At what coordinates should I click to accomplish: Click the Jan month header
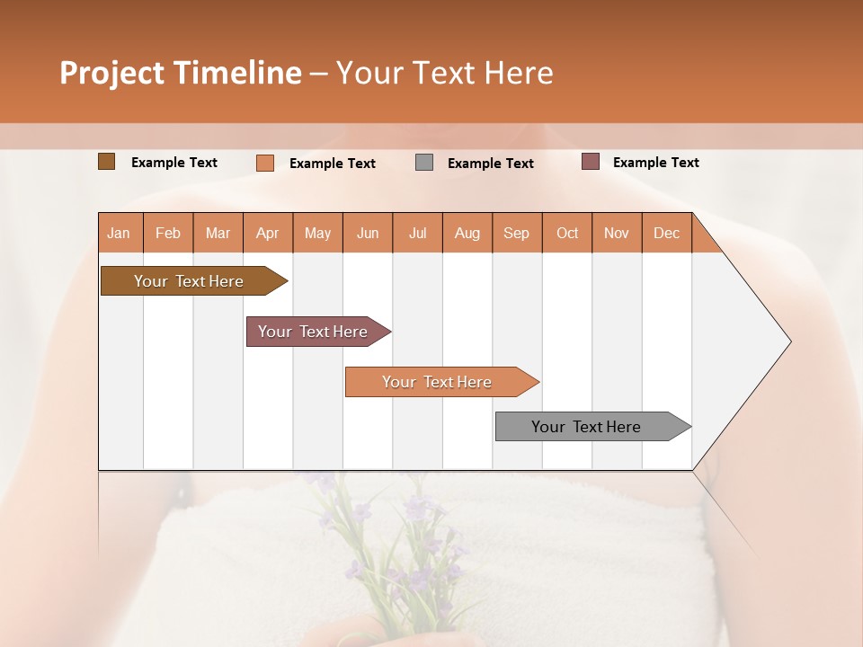tap(119, 233)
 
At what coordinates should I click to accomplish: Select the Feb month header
tap(168, 233)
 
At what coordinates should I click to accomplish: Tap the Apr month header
tap(267, 233)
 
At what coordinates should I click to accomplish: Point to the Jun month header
tap(368, 233)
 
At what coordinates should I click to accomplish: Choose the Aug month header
tap(467, 233)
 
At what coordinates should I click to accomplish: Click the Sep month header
tap(516, 233)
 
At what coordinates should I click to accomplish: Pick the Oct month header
tap(567, 233)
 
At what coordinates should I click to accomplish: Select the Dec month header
tap(666, 233)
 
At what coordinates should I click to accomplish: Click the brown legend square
tap(107, 162)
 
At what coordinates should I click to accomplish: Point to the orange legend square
tap(265, 163)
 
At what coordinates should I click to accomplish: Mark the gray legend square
tap(424, 163)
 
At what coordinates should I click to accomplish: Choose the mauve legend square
tap(591, 162)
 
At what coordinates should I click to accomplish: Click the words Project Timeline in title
tap(181, 73)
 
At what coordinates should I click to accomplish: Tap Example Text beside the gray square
tap(490, 164)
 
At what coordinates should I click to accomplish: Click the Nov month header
tap(616, 233)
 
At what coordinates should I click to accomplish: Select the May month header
tap(317, 233)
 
